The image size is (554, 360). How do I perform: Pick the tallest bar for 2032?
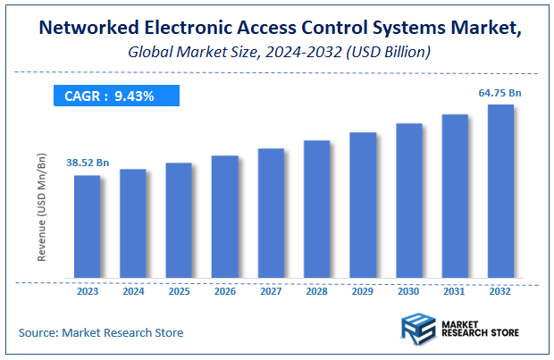[500, 191]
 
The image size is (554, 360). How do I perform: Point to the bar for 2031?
[455, 196]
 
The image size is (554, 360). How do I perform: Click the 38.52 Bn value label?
[88, 163]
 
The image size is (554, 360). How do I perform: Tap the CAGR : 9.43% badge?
[115, 96]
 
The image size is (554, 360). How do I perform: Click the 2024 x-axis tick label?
[133, 290]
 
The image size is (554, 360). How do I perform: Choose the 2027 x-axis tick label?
[271, 290]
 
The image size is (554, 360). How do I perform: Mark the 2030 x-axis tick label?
[408, 290]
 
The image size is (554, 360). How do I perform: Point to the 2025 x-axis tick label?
[179, 290]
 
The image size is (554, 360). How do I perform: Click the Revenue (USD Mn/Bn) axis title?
[42, 206]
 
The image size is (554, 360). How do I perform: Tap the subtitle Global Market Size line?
[277, 53]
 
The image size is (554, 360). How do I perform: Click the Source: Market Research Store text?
[101, 332]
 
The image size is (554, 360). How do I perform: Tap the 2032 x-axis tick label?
[500, 290]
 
